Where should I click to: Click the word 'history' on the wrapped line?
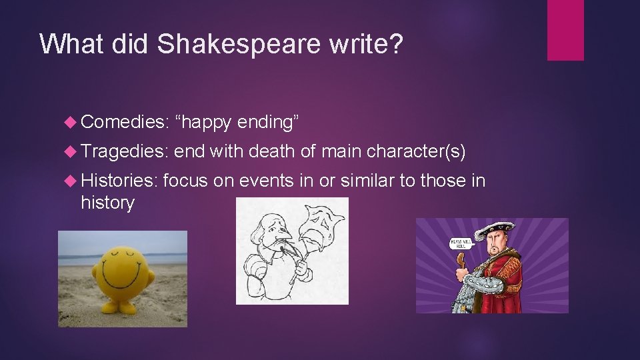pyautogui.click(x=107, y=203)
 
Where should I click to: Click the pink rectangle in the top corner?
pyautogui.click(x=565, y=29)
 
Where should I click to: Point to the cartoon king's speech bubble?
pyautogui.click(x=461, y=243)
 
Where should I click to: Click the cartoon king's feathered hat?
pyautogui.click(x=494, y=231)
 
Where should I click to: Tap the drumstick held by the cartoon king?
pyautogui.click(x=459, y=260)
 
